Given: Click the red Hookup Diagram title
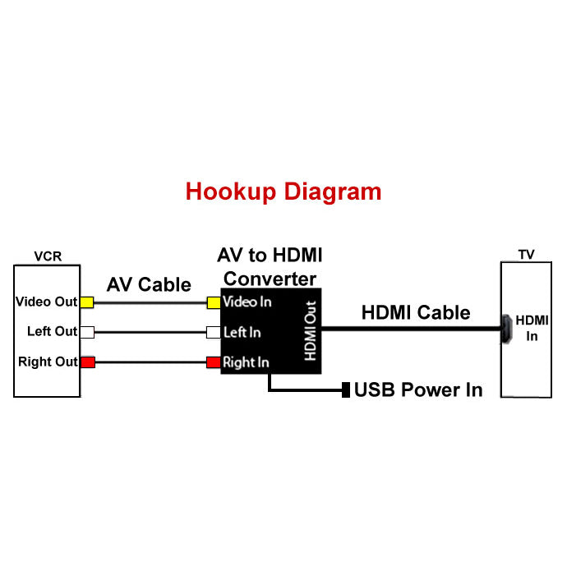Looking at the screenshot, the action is [x=283, y=191].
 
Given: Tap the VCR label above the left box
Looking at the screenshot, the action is [x=48, y=256].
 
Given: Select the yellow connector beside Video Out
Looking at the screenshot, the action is [x=87, y=302].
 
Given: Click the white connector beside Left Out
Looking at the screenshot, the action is [x=87, y=332].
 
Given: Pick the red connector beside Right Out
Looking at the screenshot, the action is [x=87, y=362].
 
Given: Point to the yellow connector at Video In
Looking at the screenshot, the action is [x=214, y=302].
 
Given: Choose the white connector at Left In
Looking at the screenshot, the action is [x=214, y=332].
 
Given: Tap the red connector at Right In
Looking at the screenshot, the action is [x=214, y=362].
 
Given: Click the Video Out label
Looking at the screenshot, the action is [x=46, y=302].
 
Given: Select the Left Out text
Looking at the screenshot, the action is [x=52, y=331].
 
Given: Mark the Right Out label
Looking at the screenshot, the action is [x=48, y=362].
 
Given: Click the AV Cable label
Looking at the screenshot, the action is [x=149, y=284].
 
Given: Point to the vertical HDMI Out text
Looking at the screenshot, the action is [x=311, y=330].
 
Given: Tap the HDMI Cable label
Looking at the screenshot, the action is [x=416, y=312].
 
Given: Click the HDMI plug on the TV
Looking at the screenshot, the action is [x=507, y=329].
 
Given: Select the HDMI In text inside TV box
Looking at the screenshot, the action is [x=532, y=329].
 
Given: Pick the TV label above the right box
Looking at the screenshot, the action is [x=526, y=255].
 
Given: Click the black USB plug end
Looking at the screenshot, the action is [x=346, y=390].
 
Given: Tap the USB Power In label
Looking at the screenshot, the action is [x=418, y=390].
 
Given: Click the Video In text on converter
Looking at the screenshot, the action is [x=247, y=302].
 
